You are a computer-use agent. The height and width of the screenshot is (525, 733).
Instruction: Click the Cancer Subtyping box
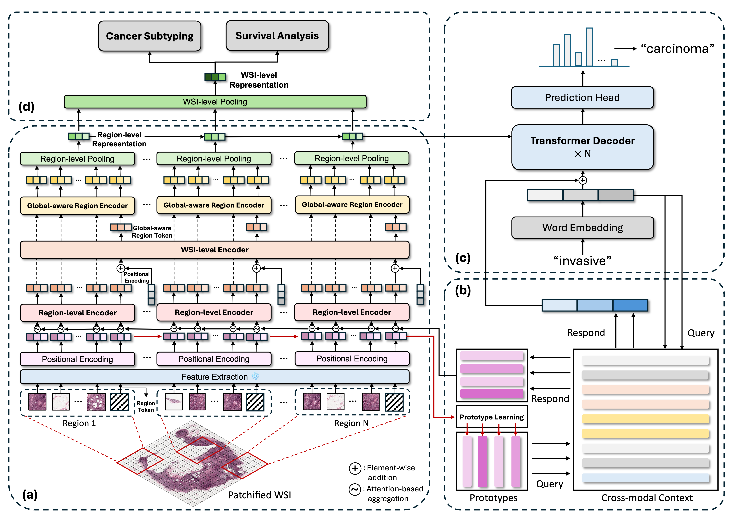point(150,36)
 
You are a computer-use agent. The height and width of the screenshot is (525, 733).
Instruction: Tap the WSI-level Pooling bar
point(215,101)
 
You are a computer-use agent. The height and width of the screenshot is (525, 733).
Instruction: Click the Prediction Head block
point(582,97)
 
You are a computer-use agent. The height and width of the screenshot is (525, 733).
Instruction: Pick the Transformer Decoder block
point(582,147)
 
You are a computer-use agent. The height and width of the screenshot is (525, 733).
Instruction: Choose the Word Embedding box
point(582,227)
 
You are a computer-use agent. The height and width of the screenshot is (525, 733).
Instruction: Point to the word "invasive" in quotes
point(582,260)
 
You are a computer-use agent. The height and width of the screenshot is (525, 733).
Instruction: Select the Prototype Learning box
point(492,417)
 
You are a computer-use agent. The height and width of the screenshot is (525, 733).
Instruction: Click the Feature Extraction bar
point(215,377)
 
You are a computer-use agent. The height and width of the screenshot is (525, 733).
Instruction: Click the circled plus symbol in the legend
point(355,468)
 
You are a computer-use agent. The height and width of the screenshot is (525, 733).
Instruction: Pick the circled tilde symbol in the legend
point(355,489)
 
